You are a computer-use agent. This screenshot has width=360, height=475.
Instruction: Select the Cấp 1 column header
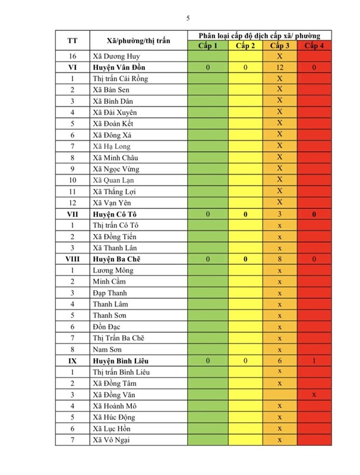point(208,46)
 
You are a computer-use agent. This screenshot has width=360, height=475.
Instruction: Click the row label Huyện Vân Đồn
point(119,68)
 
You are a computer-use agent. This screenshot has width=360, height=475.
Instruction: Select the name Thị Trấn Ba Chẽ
point(118,338)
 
